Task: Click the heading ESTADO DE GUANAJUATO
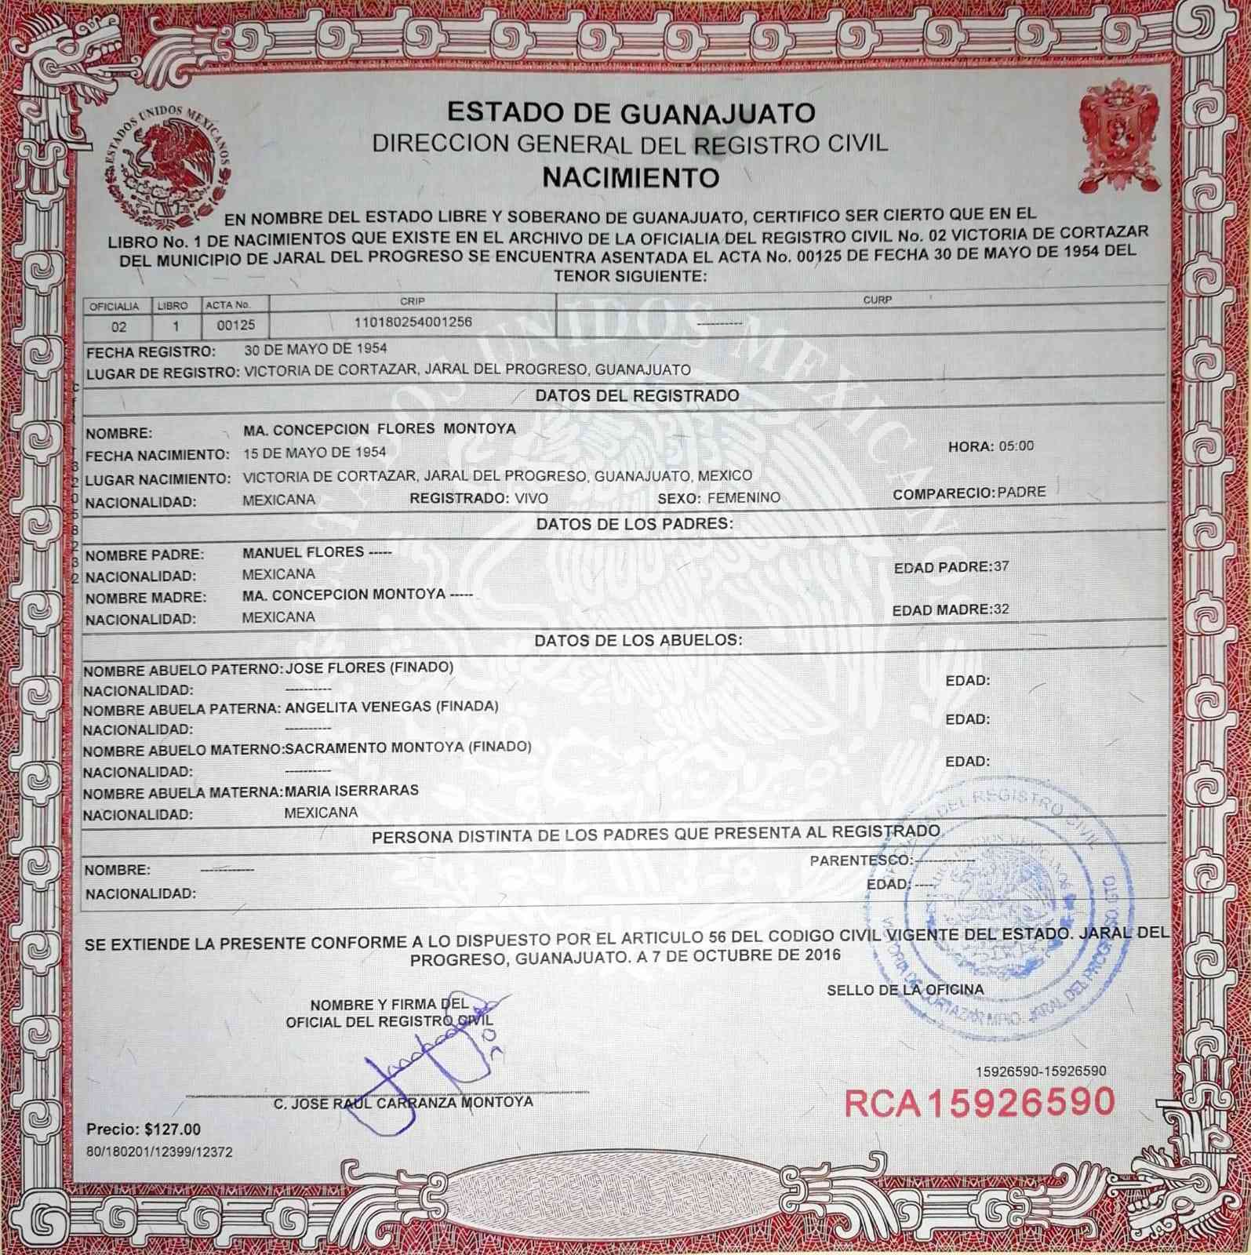click(631, 113)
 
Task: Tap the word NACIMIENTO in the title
click(631, 177)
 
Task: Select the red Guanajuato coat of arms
click(1119, 140)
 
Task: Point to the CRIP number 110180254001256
click(413, 322)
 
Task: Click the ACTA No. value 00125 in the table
click(231, 324)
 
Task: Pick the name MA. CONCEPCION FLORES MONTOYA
click(380, 429)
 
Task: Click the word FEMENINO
click(744, 497)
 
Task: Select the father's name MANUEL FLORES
click(304, 552)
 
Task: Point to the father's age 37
click(1001, 566)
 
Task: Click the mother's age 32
click(1001, 609)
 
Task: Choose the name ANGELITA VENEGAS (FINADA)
click(392, 707)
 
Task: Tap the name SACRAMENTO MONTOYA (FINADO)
click(408, 748)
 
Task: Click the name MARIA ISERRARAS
click(351, 790)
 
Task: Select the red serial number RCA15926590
click(979, 1101)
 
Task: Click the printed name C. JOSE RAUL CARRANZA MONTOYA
click(403, 1102)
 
